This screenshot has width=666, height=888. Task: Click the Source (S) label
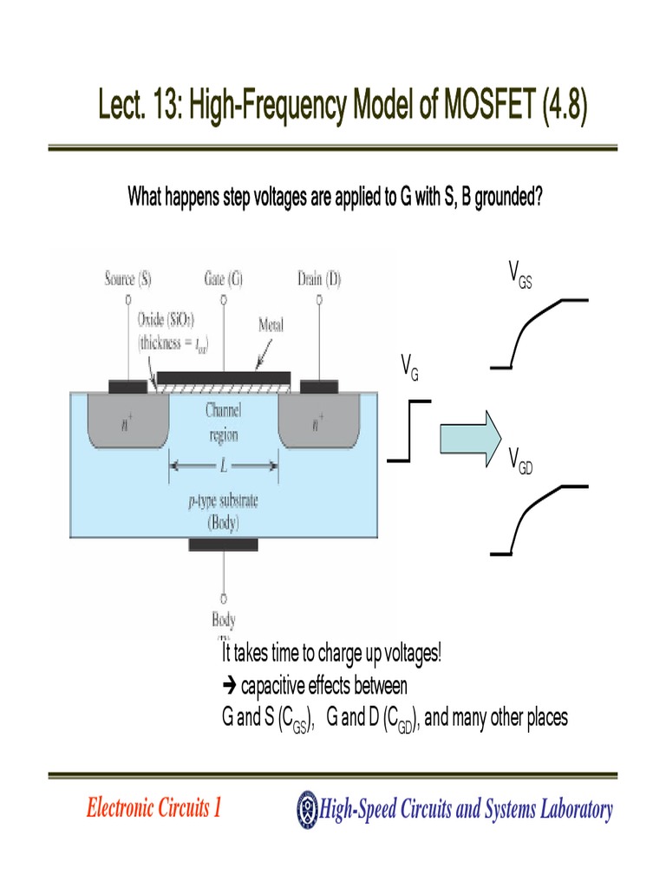[127, 278]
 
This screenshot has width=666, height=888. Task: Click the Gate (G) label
[224, 278]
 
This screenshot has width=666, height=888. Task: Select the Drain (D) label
[318, 278]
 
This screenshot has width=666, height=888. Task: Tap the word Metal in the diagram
[271, 325]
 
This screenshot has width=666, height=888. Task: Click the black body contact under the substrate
[224, 545]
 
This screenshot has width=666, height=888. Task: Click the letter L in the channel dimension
[224, 466]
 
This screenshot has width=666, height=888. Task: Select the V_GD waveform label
[520, 461]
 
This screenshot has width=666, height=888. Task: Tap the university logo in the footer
[307, 809]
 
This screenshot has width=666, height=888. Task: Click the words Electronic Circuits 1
[153, 809]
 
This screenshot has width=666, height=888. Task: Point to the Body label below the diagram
[224, 619]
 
